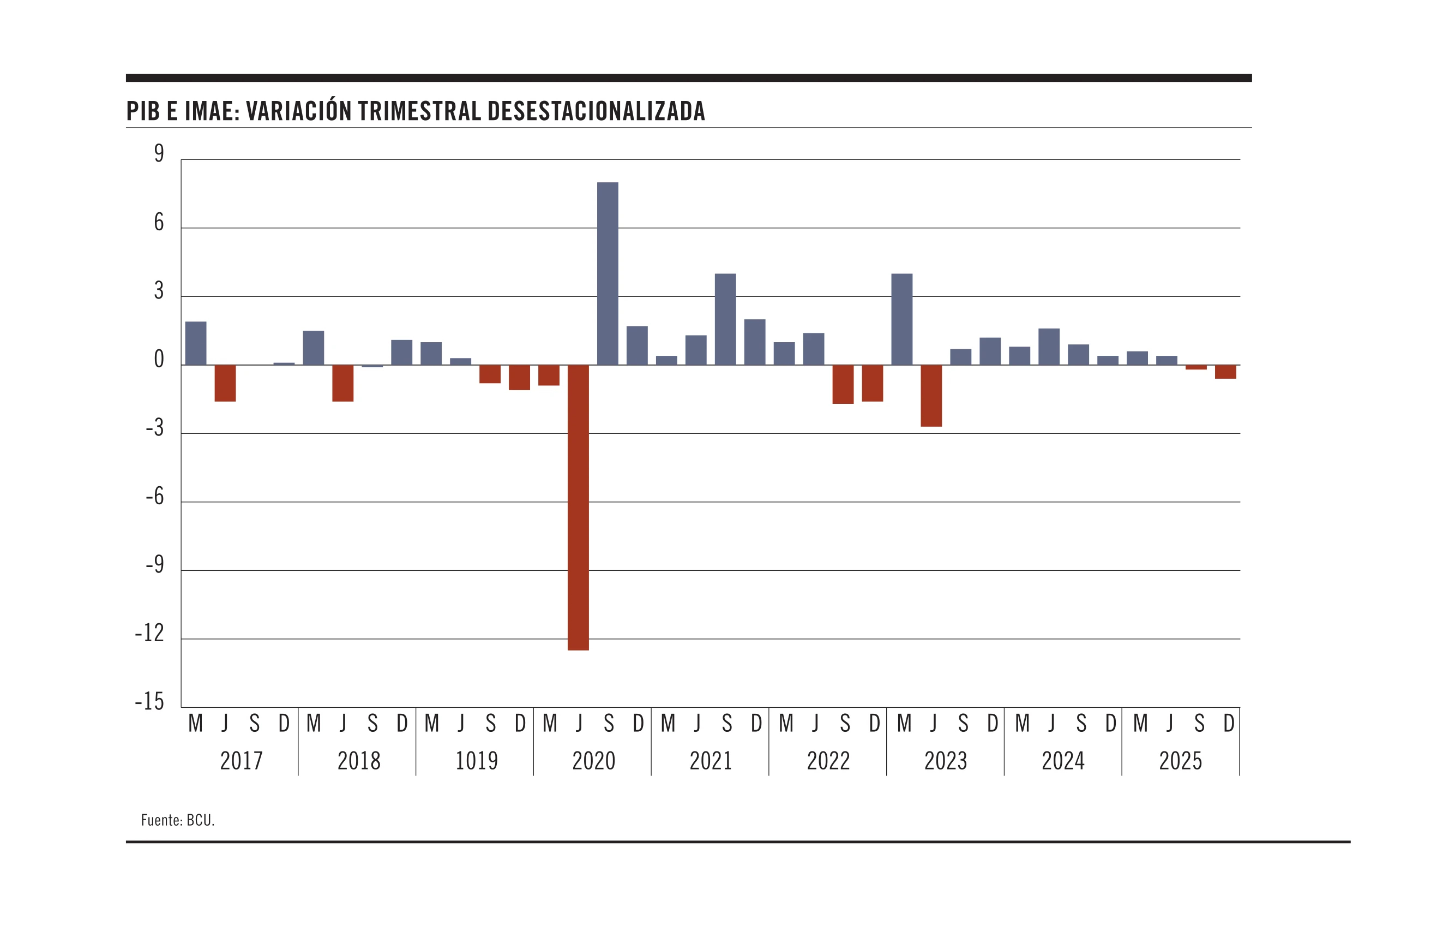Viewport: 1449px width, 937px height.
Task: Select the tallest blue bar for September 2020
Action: click(608, 273)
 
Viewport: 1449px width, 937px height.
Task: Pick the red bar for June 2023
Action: click(931, 396)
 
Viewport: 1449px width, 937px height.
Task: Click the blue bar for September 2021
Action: click(725, 319)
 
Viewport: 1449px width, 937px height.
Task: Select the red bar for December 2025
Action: click(1225, 372)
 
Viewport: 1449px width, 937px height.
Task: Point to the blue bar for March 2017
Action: click(196, 343)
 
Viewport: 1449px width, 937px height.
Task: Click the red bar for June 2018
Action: click(343, 383)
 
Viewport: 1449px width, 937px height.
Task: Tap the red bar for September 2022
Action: click(843, 384)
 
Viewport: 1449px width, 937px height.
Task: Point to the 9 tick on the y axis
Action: click(159, 153)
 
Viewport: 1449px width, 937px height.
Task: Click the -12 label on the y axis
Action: click(149, 634)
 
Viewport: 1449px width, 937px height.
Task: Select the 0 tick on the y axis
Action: click(159, 359)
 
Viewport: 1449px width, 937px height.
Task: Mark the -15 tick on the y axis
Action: click(149, 702)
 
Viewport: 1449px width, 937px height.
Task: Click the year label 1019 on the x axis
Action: click(476, 761)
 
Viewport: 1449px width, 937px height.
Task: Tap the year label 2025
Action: click(1180, 761)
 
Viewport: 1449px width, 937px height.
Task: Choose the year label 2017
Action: click(242, 761)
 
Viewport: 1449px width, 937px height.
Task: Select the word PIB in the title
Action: click(143, 111)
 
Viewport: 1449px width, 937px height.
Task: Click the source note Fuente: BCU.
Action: click(178, 820)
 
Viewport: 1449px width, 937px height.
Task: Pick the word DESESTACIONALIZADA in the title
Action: click(596, 111)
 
